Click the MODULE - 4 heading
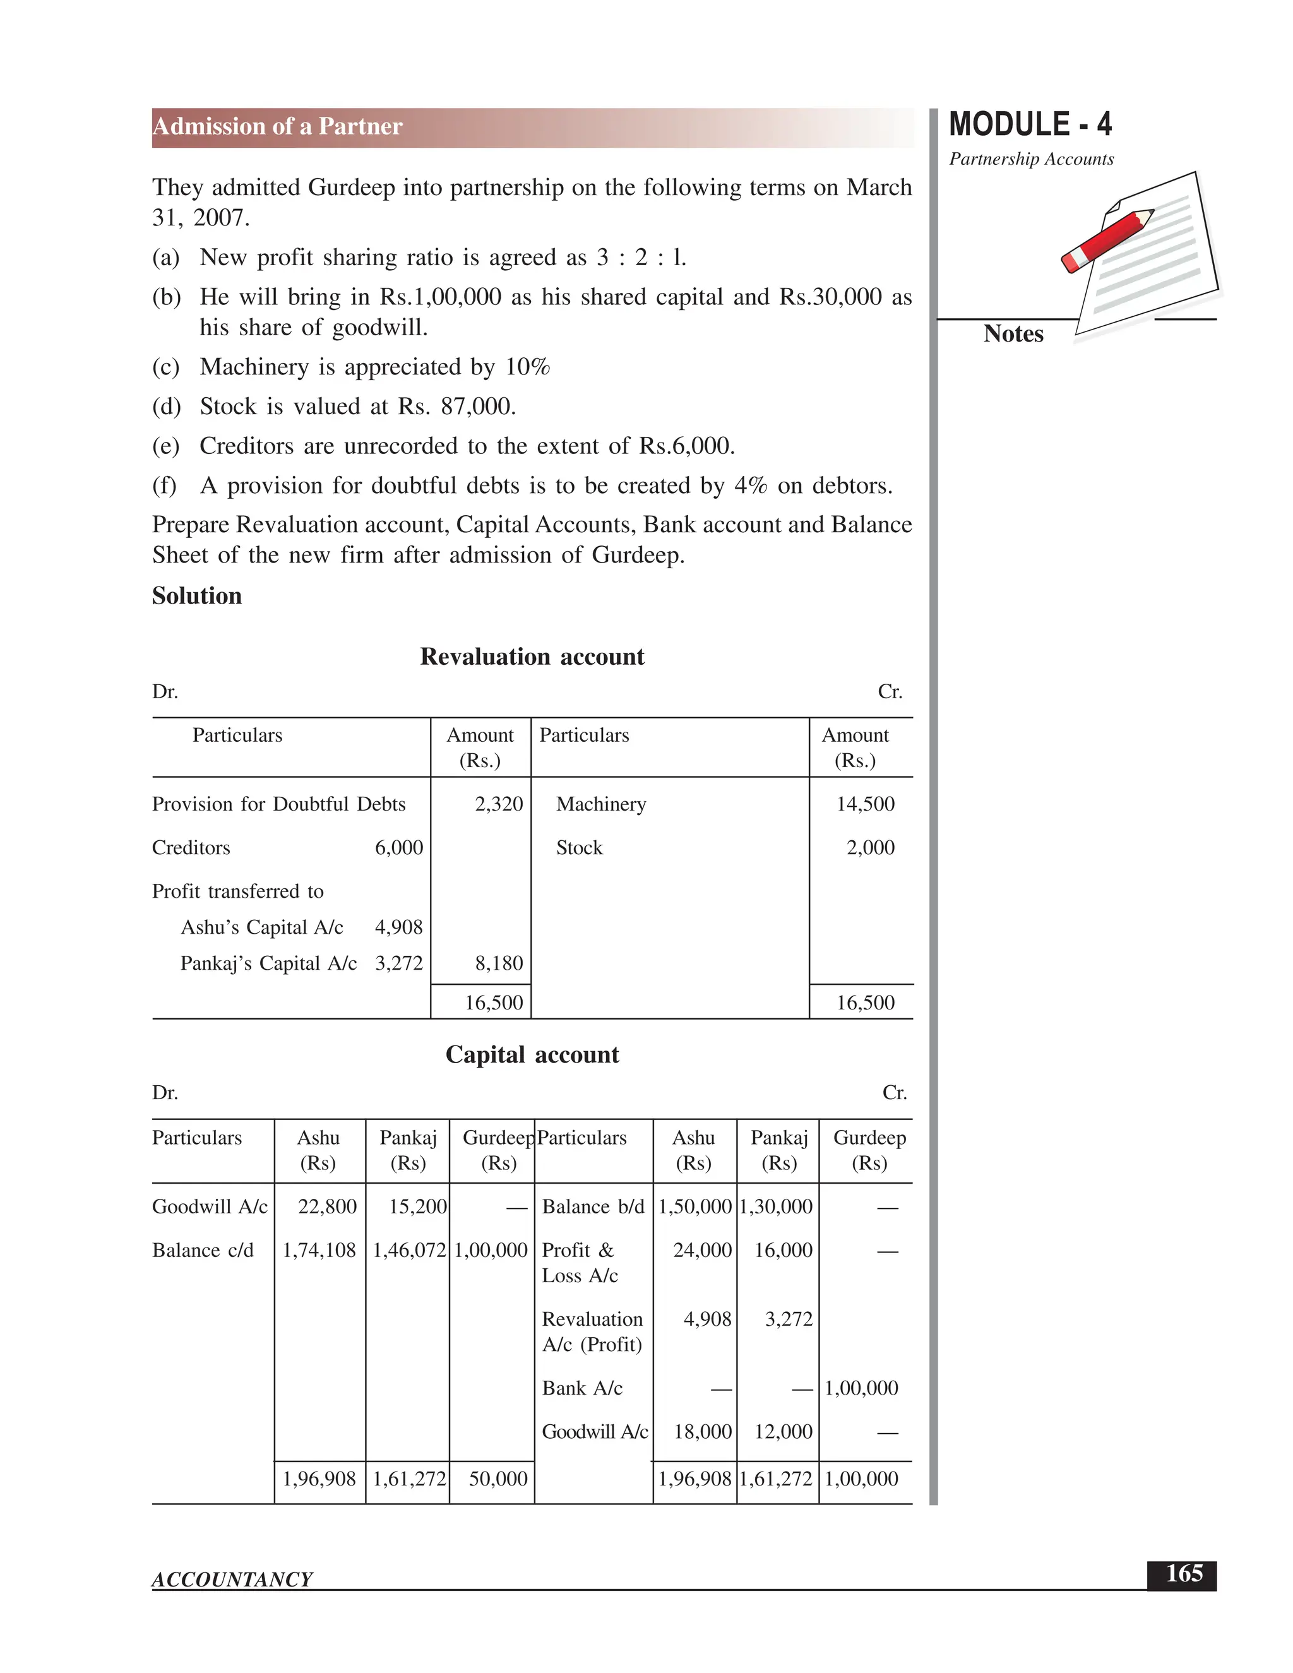tap(1030, 125)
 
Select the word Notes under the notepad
tap(1013, 334)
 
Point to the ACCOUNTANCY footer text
tap(232, 1579)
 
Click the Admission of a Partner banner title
tap(277, 126)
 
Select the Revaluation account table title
tap(532, 657)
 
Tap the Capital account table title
tap(532, 1055)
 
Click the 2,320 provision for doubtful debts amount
tap(499, 804)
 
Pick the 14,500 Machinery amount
tap(865, 804)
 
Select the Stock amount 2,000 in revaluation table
tap(870, 847)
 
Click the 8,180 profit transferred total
tap(499, 963)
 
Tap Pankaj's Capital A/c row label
tap(268, 963)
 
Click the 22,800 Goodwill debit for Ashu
tap(327, 1206)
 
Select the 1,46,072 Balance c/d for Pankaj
tap(409, 1250)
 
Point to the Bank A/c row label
tap(582, 1388)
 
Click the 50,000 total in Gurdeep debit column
tap(498, 1479)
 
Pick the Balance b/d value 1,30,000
tap(775, 1206)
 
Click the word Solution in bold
tap(197, 596)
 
